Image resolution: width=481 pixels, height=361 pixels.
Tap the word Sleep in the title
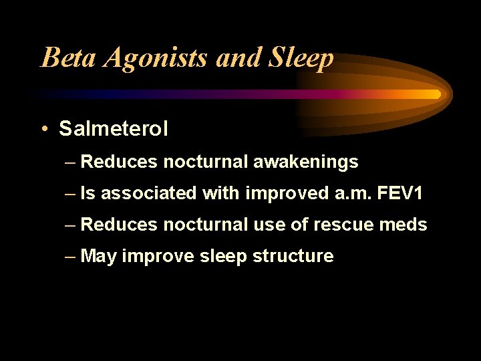pos(301,59)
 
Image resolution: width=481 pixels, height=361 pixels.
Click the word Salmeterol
pos(114,128)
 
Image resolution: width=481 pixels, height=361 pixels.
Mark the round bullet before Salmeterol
pos(43,128)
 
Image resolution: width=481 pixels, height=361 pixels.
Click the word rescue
pos(347,225)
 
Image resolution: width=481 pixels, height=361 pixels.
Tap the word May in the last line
pos(99,257)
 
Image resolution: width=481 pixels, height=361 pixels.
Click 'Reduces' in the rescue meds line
pos(119,225)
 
